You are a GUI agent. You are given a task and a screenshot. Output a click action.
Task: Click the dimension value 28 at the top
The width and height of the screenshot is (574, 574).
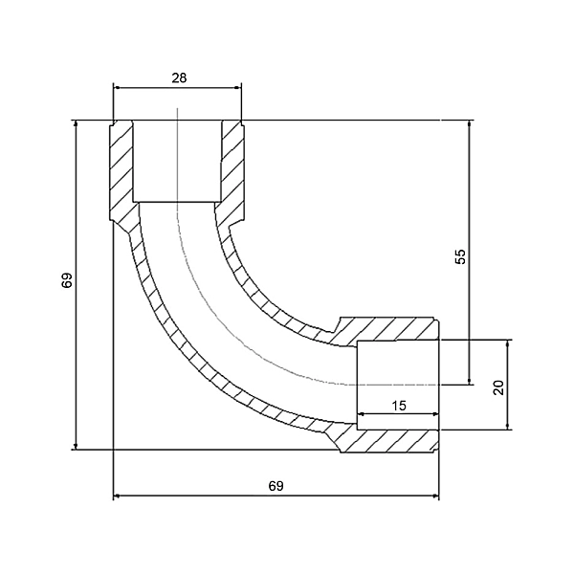[179, 78]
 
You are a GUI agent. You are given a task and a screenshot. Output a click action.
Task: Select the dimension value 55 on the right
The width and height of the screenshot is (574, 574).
[460, 256]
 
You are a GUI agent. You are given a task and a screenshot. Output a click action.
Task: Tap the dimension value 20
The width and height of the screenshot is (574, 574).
[498, 387]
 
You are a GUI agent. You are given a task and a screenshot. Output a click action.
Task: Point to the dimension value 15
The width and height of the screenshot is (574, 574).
[399, 406]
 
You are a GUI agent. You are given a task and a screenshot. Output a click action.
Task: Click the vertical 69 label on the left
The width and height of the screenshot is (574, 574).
[67, 280]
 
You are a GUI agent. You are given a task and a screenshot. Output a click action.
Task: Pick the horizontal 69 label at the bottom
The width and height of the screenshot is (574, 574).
[276, 486]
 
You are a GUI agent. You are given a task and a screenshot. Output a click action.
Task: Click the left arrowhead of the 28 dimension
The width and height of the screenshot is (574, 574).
[117, 87]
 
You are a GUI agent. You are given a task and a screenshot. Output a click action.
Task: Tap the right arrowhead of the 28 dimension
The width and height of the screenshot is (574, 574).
[238, 87]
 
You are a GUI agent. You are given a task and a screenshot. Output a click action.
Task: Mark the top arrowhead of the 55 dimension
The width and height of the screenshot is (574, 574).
[470, 124]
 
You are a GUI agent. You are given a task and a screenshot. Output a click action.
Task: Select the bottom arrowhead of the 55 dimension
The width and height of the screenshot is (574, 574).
[470, 381]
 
